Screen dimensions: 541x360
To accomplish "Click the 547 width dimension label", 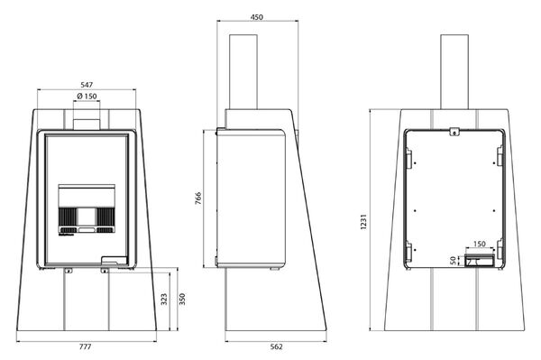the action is tap(87, 85).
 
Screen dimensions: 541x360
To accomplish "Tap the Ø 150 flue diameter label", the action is tap(87, 96).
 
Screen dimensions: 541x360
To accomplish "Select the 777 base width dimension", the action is tap(86, 346).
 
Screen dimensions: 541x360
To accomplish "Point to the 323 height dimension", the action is tap(164, 299).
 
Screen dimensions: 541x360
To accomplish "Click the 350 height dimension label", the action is tap(182, 299).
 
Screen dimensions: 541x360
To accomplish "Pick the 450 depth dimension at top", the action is tap(257, 17).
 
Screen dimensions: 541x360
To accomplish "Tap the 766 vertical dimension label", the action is tap(198, 198).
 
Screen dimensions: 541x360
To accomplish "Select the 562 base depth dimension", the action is tap(277, 346).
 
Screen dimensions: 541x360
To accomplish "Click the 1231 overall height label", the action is tap(363, 222).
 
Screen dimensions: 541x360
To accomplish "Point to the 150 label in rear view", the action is tap(480, 244).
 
